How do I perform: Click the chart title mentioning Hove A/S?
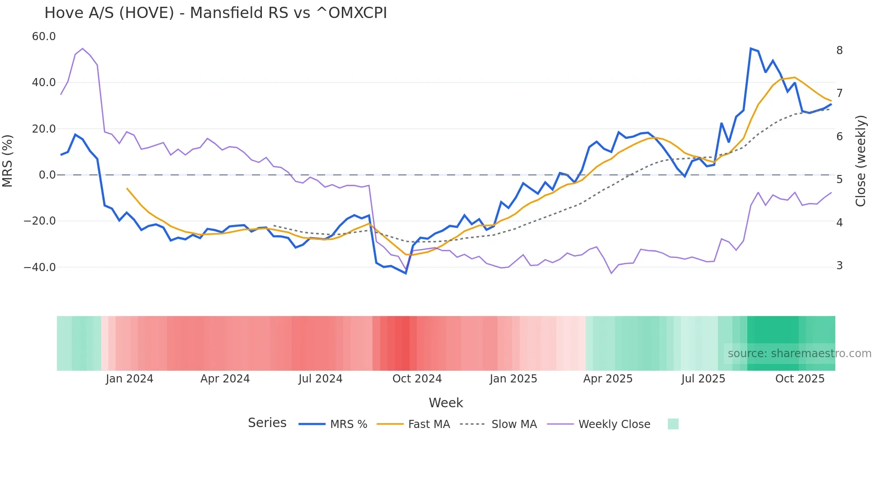point(215,13)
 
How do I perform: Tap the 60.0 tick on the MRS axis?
point(44,37)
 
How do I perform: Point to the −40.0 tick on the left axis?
point(40,267)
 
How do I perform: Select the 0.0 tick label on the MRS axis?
point(47,175)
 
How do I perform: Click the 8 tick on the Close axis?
point(839,51)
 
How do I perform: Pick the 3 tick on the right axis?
point(839,266)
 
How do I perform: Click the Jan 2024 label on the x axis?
point(129,379)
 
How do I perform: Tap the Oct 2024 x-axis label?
point(417,379)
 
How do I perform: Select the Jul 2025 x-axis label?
point(703,379)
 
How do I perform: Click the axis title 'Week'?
point(446,403)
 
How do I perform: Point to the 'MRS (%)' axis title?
point(8,161)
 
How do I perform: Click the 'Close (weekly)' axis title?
point(861,161)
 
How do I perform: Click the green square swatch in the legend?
point(673,424)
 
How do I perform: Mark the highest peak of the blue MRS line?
point(750,48)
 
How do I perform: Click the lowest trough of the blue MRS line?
point(405,273)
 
